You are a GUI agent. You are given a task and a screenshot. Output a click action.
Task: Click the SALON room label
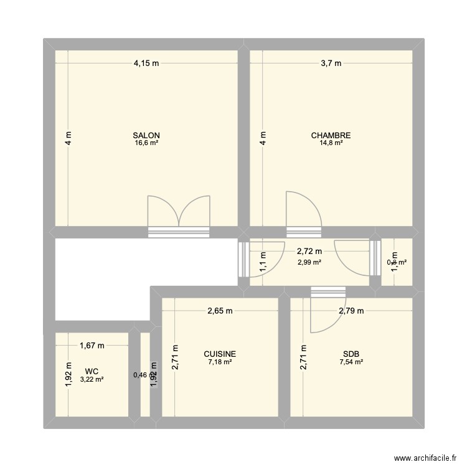tap(146, 135)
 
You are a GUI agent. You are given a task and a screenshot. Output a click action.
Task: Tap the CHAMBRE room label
tap(331, 135)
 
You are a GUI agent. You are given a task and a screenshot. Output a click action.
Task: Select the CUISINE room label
tap(220, 354)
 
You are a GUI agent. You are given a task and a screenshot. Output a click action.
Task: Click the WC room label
tap(92, 371)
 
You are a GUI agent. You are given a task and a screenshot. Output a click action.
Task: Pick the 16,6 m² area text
tap(146, 143)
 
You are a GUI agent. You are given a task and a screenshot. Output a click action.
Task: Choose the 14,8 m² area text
tap(331, 143)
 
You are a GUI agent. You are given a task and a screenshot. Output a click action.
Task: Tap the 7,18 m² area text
tap(220, 362)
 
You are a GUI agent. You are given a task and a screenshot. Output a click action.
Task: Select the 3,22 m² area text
tap(92, 379)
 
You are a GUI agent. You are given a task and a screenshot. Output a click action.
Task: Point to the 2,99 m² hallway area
tap(309, 262)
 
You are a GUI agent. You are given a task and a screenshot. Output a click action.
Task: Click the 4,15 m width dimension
tap(146, 62)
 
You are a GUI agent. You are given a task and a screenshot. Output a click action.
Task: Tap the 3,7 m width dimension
tap(331, 62)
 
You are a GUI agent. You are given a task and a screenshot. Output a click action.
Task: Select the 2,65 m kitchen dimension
tap(220, 311)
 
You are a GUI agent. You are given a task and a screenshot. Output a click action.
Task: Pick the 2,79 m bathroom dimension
tap(351, 311)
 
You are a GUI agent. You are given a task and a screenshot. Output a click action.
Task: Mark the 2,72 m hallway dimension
tap(309, 252)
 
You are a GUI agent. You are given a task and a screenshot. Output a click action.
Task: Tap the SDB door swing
tap(324, 314)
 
